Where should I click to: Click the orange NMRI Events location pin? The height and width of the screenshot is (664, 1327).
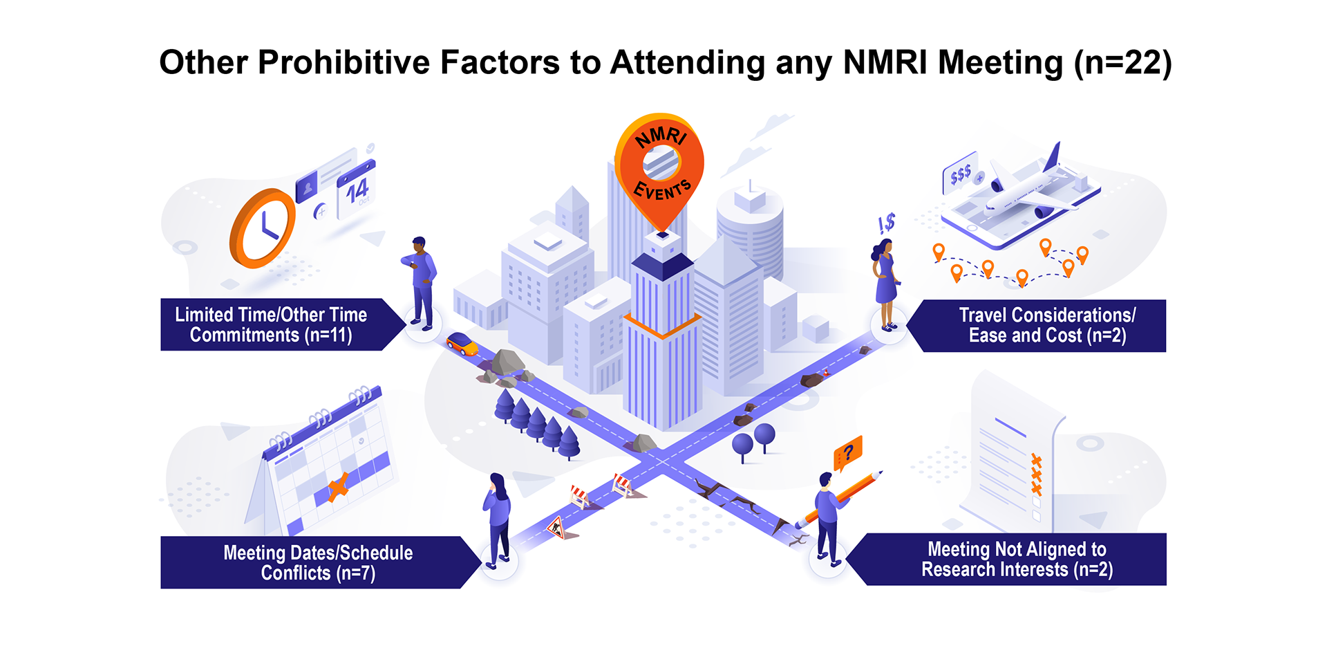click(x=660, y=166)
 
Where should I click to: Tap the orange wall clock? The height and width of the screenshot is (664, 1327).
click(x=263, y=228)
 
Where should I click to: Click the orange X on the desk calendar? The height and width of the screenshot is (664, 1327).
click(x=338, y=487)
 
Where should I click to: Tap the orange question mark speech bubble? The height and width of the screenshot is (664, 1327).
click(x=848, y=454)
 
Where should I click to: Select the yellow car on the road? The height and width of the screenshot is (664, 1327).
click(x=462, y=343)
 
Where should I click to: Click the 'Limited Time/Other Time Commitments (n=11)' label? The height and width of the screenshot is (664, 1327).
click(x=272, y=324)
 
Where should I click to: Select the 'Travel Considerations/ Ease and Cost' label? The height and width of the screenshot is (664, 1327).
click(x=1046, y=325)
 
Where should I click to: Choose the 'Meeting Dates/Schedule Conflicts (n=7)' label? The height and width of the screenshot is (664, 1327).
click(x=318, y=562)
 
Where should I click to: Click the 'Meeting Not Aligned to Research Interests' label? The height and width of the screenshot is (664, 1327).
click(x=1016, y=559)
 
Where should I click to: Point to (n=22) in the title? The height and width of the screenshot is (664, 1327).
click(x=1122, y=62)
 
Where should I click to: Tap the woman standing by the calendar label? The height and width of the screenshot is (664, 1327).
click(x=498, y=519)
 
